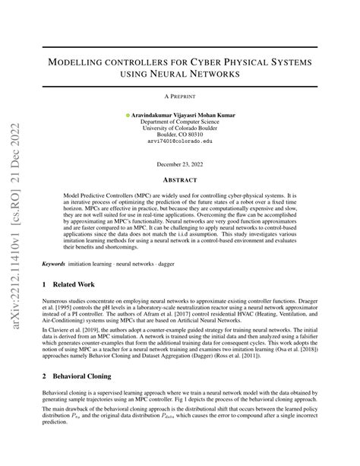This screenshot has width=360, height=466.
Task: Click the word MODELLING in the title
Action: (98, 61)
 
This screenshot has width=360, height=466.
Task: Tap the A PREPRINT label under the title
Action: (180, 97)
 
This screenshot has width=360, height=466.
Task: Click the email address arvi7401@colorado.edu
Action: (180, 142)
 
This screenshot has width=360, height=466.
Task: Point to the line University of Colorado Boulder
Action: (180, 128)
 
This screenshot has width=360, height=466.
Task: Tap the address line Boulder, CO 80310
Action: (180, 135)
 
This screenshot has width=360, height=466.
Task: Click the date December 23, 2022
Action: (180, 164)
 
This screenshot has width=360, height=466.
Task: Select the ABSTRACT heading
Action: (180, 181)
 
